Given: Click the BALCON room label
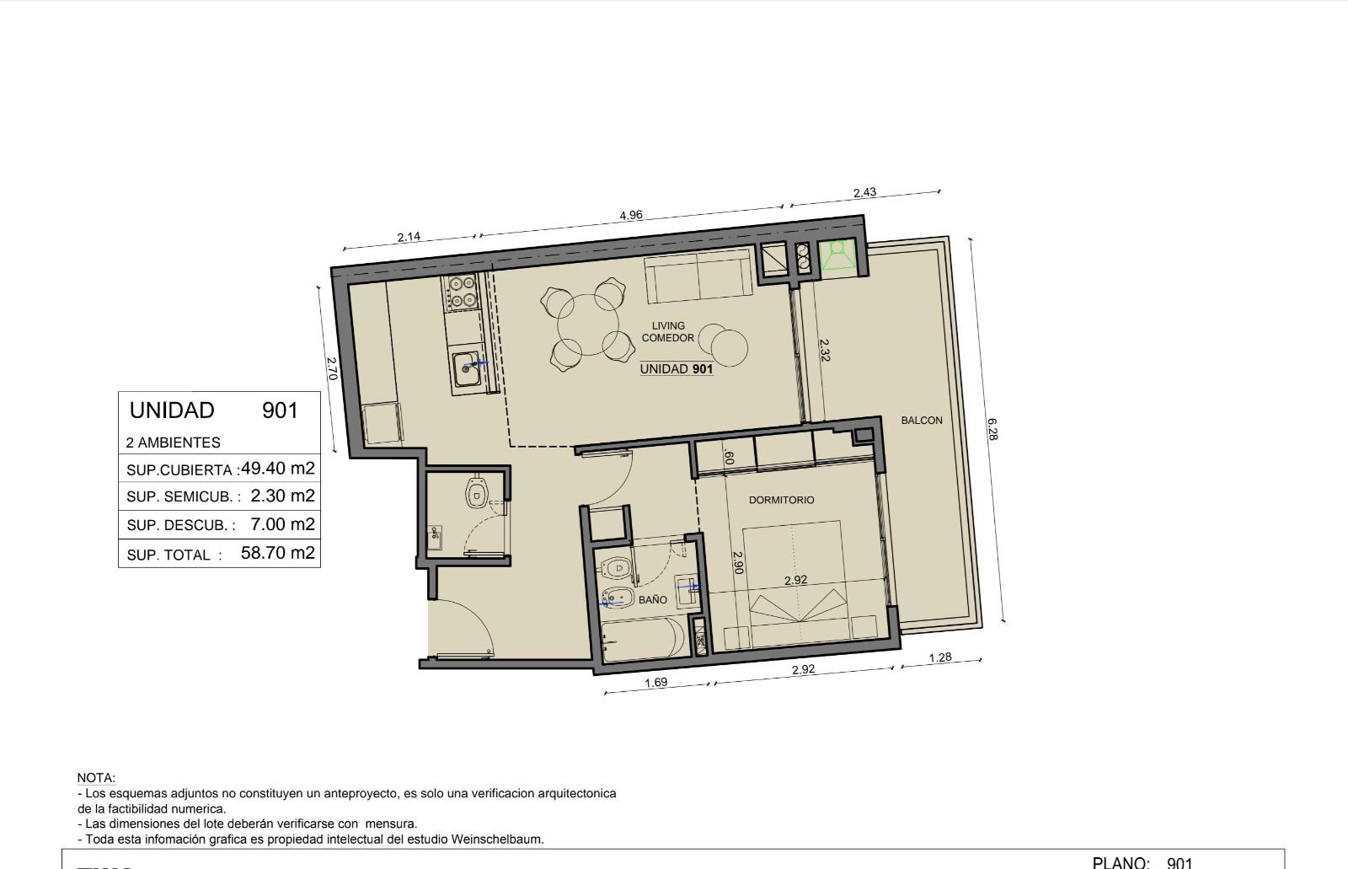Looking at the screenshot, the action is [x=922, y=421].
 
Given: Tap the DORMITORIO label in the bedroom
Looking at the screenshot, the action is [x=781, y=500].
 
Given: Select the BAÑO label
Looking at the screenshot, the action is [x=653, y=600].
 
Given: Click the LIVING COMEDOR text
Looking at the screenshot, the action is [x=668, y=332].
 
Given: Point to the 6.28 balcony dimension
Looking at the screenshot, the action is [x=992, y=429].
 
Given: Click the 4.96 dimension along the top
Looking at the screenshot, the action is [x=631, y=215].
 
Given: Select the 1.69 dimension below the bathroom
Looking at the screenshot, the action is [x=656, y=683].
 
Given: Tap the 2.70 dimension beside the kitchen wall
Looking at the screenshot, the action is [x=331, y=368].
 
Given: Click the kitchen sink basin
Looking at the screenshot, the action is [x=467, y=368].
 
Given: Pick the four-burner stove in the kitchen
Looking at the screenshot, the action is [x=463, y=292].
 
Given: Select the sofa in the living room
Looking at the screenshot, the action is [x=699, y=277].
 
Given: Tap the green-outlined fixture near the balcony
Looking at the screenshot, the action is [x=837, y=256].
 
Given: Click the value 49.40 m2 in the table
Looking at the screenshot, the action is [x=277, y=468].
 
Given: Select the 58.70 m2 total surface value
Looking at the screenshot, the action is [x=277, y=552].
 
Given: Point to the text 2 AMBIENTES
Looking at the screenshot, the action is [x=174, y=443].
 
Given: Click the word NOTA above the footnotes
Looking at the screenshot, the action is [x=96, y=778].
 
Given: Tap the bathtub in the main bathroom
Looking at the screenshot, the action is [x=643, y=640].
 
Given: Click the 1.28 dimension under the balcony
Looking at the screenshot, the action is [x=940, y=657].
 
